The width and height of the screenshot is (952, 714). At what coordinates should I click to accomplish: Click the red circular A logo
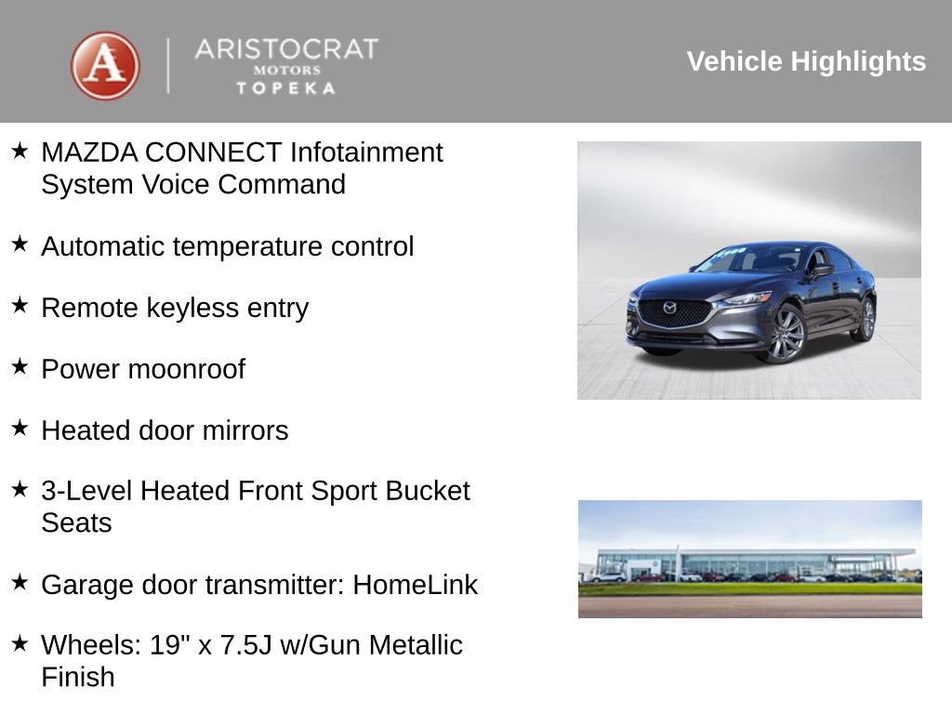tap(105, 65)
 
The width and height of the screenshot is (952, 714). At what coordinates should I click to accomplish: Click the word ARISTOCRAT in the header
tap(286, 49)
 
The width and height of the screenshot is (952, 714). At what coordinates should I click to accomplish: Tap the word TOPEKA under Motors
tap(285, 88)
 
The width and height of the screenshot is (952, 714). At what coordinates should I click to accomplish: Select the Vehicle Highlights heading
tap(806, 61)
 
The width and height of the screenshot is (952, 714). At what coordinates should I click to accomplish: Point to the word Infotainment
tap(366, 152)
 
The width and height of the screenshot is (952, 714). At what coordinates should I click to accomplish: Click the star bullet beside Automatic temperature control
tap(20, 244)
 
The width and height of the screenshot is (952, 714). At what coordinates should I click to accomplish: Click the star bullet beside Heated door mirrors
tap(20, 428)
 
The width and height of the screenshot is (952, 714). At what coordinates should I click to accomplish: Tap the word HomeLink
tap(415, 585)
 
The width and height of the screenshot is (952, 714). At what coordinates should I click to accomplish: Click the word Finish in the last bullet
tap(78, 677)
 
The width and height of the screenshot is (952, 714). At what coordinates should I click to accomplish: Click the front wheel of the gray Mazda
tap(786, 336)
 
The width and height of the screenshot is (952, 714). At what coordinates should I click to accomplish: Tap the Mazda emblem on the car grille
tap(669, 308)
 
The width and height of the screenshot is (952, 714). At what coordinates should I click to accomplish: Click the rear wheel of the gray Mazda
tap(866, 318)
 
